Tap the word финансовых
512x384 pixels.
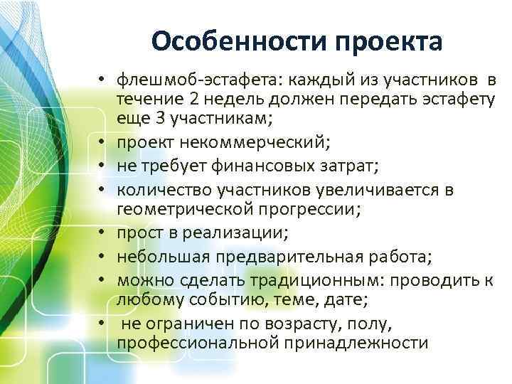[x=262, y=166]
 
